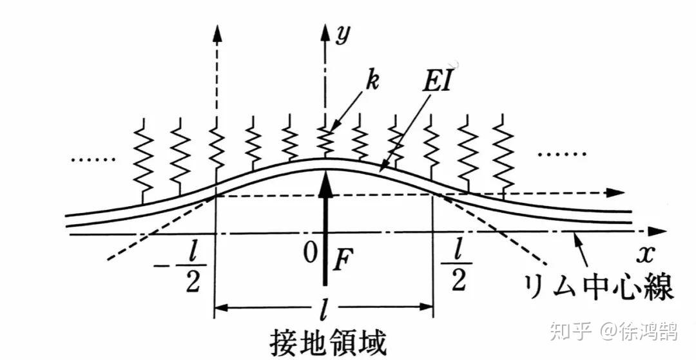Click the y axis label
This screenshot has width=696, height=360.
click(343, 35)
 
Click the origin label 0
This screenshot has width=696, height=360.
click(313, 254)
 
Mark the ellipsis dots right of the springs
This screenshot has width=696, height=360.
click(562, 155)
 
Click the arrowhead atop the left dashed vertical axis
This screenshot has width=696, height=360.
click(217, 33)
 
